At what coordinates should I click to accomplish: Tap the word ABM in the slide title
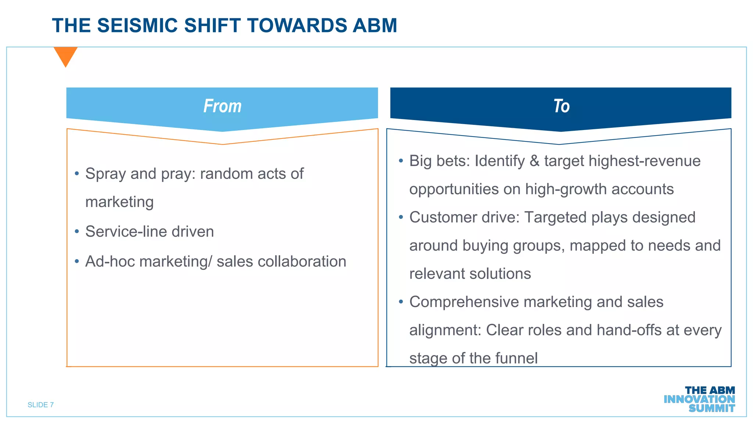coord(375,26)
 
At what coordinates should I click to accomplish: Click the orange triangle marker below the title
coord(65,55)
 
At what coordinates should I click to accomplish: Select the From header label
coord(222,106)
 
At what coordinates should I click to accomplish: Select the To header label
coord(561,106)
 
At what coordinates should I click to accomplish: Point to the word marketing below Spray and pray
coord(119,202)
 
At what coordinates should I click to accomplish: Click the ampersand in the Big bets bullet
coord(534,161)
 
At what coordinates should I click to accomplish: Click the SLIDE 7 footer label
coord(41,405)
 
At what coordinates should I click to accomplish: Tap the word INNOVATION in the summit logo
coord(699,399)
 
